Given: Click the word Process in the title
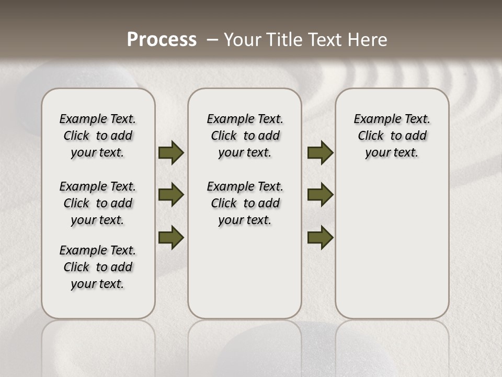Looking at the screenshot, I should [162, 40].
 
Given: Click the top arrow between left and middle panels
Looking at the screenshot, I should [171, 153].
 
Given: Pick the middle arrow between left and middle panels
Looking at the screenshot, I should [171, 195].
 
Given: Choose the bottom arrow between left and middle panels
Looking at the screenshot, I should [171, 237].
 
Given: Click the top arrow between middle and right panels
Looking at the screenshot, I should [320, 153].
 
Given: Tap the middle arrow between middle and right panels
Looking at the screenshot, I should [320, 195].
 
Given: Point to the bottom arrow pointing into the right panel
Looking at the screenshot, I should [320, 237].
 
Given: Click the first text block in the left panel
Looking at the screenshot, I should [98, 136].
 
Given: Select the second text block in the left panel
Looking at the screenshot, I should [98, 203].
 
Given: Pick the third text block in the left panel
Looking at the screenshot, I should [98, 267].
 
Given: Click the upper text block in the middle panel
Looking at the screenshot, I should [245, 136].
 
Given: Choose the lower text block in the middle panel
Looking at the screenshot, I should [245, 203].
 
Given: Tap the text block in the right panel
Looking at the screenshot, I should [392, 136].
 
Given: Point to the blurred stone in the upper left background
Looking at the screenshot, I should [78, 79].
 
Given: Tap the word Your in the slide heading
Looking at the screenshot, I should [244, 40].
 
